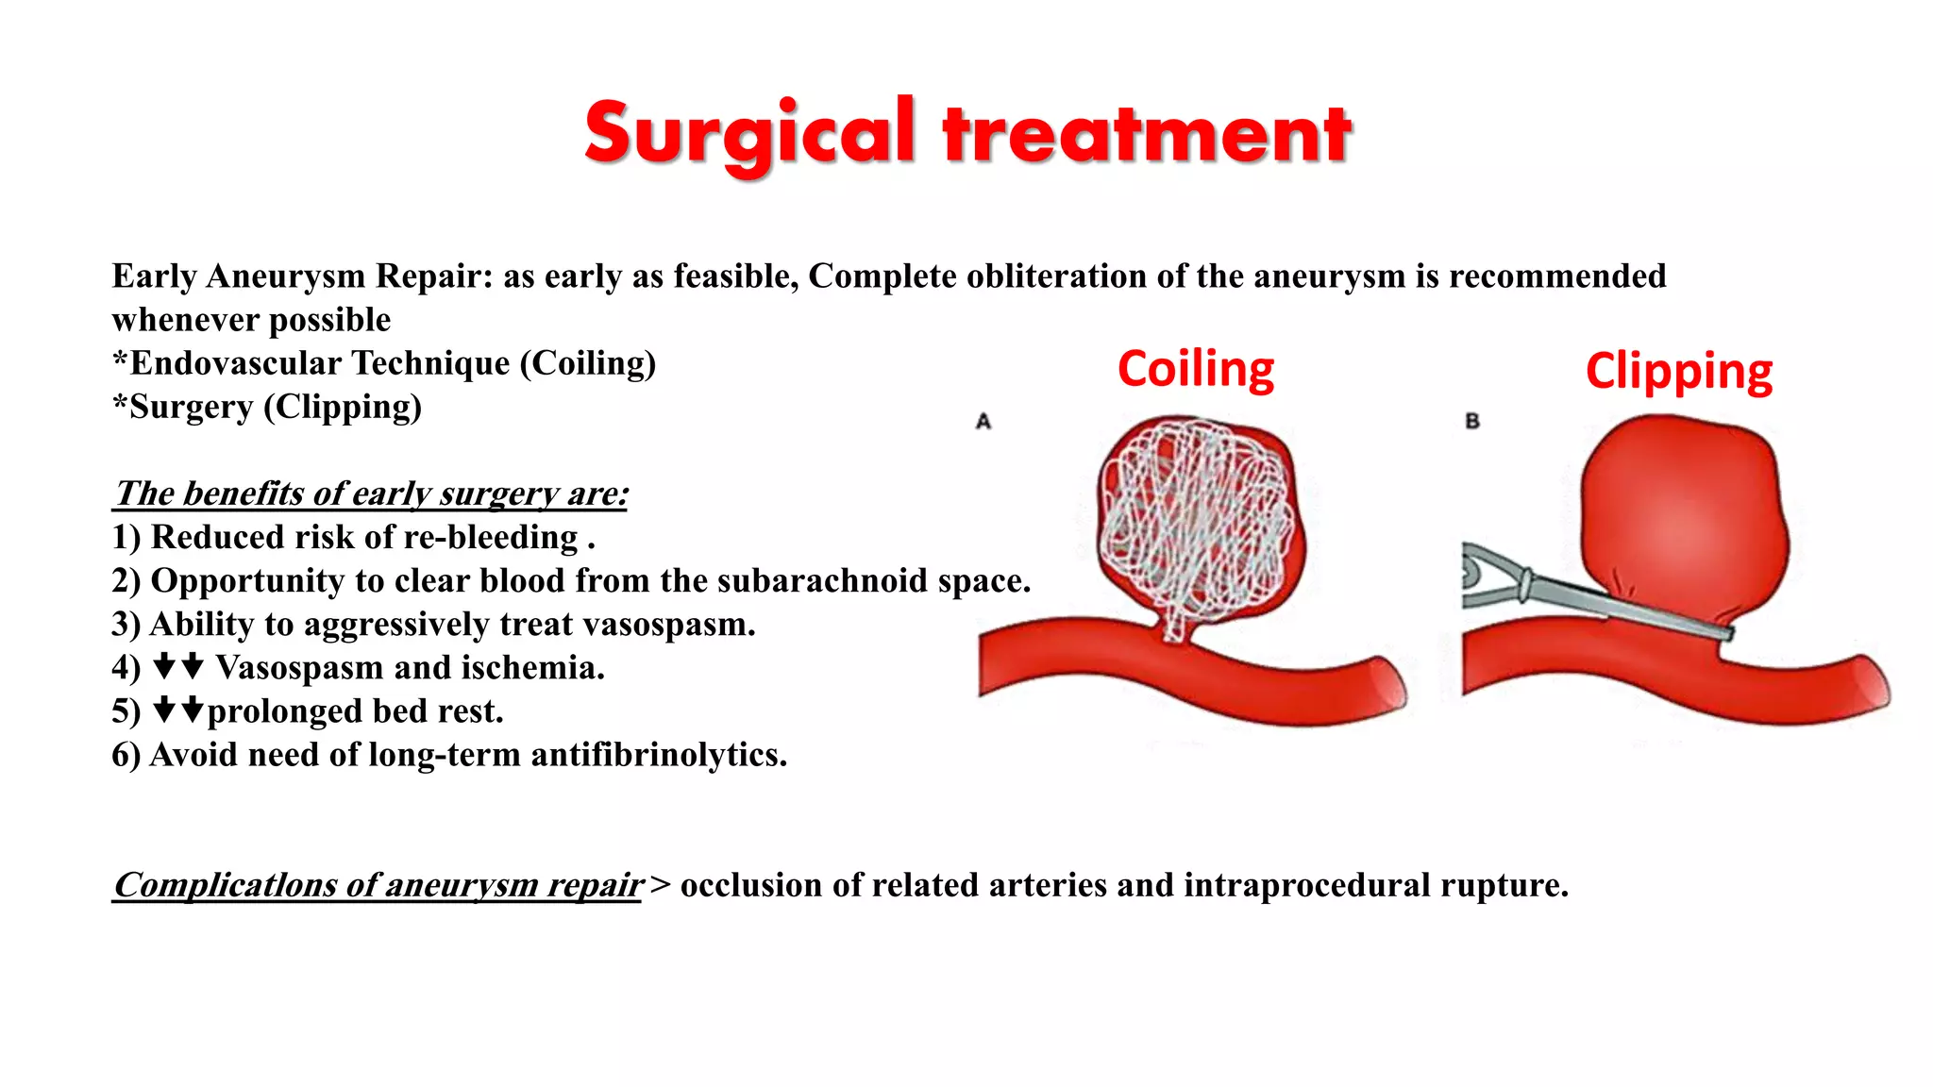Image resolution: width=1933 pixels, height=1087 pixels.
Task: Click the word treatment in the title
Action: coord(1147,134)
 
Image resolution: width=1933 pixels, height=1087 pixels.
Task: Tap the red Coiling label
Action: coord(1196,368)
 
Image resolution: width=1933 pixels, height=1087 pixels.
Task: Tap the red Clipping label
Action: coord(1679,371)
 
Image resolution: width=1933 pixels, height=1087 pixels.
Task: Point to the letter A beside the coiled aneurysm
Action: coord(983,422)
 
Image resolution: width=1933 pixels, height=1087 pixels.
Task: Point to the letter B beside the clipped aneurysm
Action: coord(1472,422)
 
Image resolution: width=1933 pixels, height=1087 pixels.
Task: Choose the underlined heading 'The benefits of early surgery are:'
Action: coord(371,493)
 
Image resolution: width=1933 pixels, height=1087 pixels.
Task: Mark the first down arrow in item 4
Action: coord(164,666)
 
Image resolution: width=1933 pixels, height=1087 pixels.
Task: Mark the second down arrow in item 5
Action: coord(193,710)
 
